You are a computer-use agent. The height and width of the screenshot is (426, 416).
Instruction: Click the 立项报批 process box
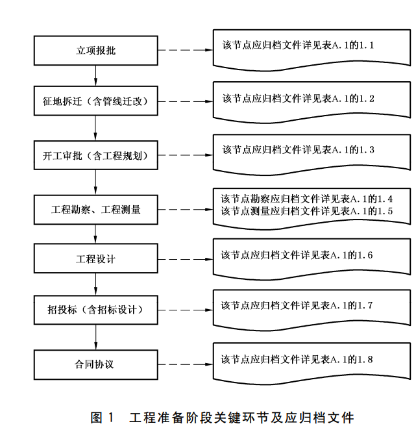[95, 50]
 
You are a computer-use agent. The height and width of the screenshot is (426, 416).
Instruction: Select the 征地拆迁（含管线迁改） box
[95, 102]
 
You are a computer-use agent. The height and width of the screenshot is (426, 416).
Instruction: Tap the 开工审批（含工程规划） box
[95, 155]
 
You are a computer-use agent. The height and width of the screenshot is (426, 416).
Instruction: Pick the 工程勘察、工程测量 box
[95, 210]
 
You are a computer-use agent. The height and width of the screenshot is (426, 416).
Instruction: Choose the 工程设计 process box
[95, 258]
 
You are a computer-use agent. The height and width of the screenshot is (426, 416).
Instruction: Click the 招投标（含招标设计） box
[95, 310]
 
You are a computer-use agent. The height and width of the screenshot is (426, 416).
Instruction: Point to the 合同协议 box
[95, 364]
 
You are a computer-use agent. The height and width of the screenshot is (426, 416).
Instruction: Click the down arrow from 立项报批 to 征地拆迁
[95, 76]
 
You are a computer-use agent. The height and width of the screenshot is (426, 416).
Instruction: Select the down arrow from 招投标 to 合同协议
[95, 337]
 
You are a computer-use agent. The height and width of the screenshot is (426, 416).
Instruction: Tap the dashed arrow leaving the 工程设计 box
[184, 258]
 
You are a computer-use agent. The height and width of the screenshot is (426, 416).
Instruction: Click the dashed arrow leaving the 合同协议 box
[184, 364]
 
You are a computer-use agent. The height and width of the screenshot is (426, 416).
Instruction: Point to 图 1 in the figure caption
[103, 416]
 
